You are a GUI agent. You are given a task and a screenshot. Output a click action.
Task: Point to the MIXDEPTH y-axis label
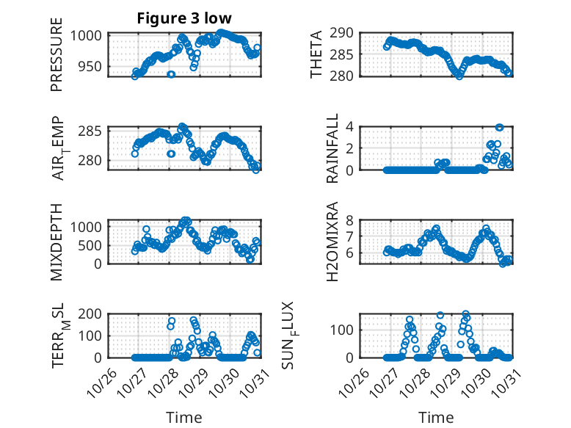point(57,241)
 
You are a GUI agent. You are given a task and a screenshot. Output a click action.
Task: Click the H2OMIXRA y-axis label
point(332,241)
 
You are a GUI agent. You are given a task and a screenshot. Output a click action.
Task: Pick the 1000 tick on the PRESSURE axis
point(89,35)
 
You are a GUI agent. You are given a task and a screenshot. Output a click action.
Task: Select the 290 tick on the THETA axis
point(344,32)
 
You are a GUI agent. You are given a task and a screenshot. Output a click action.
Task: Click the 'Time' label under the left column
point(184,417)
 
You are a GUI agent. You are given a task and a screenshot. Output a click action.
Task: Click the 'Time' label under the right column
point(436,417)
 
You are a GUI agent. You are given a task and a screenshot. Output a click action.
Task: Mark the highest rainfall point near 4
point(499,128)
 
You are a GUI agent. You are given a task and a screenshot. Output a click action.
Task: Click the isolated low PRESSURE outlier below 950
point(171,74)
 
